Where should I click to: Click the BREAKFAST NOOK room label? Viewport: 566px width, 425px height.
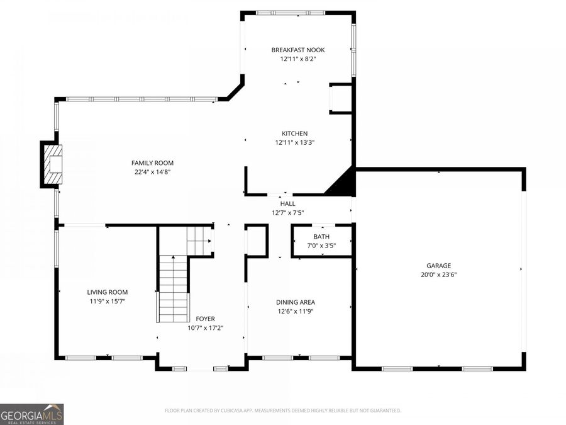pos(298,50)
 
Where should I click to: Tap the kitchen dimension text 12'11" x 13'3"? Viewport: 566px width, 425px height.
pos(294,142)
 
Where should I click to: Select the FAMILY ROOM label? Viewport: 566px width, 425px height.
pos(152,163)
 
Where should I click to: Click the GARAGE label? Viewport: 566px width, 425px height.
pos(438,266)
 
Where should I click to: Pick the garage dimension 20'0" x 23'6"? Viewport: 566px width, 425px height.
pos(438,275)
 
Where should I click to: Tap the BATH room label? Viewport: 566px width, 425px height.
pos(321,237)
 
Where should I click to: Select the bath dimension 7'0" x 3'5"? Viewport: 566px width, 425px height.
pos(321,246)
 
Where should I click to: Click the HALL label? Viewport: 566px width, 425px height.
pos(287,203)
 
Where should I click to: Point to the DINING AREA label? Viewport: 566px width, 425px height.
pos(296,302)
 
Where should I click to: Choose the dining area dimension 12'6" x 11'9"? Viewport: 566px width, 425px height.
pos(296,311)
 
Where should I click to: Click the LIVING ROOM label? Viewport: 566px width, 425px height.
pos(107,292)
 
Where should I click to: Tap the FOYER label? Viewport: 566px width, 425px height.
pos(205,319)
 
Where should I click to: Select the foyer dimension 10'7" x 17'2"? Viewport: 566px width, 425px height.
pos(205,327)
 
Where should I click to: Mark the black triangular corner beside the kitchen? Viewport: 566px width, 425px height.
pos(343,184)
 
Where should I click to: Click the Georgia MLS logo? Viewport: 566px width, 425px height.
pos(31,414)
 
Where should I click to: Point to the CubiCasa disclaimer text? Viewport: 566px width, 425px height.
pos(282,411)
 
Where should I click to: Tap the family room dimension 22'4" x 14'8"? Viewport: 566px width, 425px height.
pos(152,172)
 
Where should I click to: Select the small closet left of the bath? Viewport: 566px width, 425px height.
pos(257,240)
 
